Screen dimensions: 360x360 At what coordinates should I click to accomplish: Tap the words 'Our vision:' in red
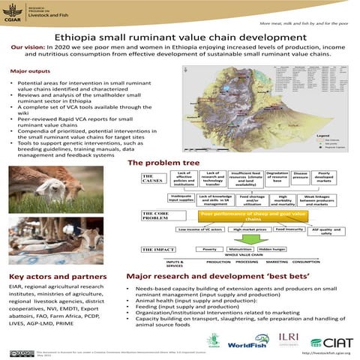[x=30, y=47]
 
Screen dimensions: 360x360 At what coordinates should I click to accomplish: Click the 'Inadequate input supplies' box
[x=183, y=199]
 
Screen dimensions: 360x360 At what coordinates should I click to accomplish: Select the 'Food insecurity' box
[x=289, y=229]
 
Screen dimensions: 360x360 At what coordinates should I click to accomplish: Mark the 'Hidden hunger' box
[x=272, y=248]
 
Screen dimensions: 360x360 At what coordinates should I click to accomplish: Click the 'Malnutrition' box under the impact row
[x=241, y=248]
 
